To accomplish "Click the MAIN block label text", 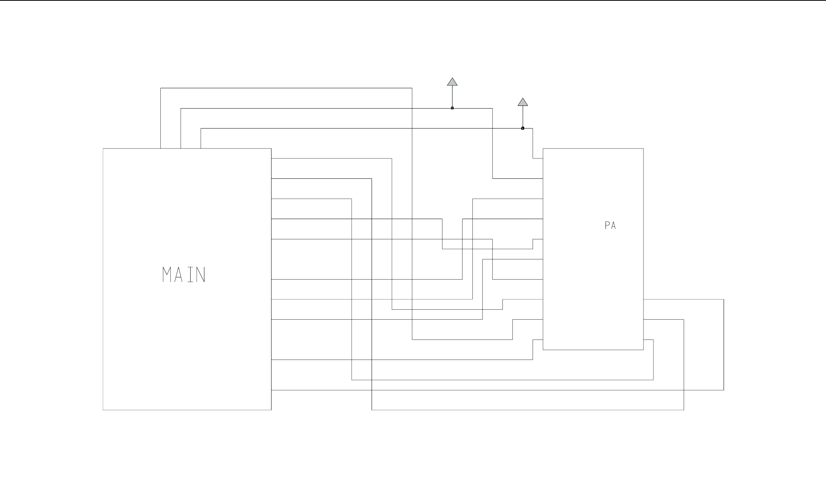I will click(184, 275).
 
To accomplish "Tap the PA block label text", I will click(610, 226).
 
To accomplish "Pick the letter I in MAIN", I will click(190, 275).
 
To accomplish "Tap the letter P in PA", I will click(607, 226).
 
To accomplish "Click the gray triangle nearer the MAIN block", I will click(452, 82).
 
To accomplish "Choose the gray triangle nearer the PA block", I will click(523, 102).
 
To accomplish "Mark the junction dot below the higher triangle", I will click(452, 108).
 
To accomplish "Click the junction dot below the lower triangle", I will click(523, 128).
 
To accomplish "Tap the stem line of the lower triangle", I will click(523, 117).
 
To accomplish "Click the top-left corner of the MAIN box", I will click(103, 148).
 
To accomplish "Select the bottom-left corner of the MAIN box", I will click(103, 410).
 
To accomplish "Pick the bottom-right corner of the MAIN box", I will click(271, 410).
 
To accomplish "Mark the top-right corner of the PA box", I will click(643, 148).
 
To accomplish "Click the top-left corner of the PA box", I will click(543, 148).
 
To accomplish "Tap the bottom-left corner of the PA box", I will click(543, 350).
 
